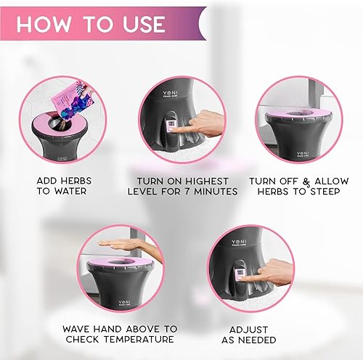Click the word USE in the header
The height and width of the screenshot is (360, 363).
(x=139, y=23)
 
